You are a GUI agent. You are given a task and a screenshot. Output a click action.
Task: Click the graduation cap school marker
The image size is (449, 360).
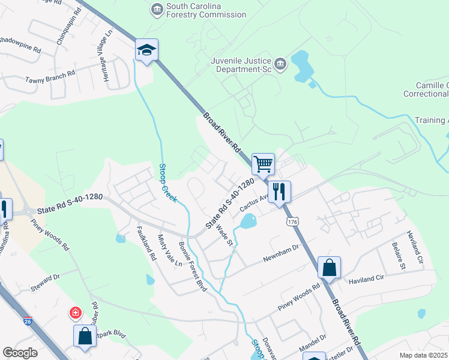coord(146,50)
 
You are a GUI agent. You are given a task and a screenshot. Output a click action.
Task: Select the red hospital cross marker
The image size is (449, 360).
coord(76,313)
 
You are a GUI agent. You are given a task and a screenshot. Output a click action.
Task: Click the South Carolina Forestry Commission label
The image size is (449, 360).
coord(206,10)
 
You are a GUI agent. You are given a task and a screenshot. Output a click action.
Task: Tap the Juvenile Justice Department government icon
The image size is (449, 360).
coord(280,64)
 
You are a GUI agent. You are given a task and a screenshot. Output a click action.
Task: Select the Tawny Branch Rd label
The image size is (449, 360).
coord(50,76)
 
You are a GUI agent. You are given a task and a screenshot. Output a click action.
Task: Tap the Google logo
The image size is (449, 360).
coord(20,353)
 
